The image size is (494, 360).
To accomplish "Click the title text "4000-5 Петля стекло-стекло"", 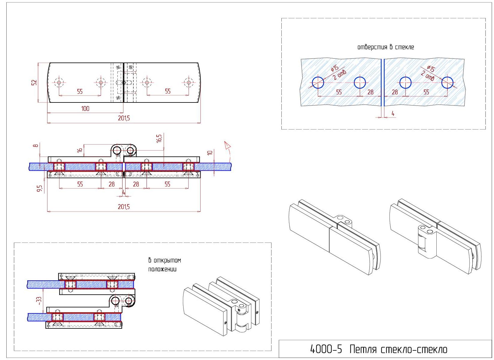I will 379,349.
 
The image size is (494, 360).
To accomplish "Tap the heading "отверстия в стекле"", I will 385,47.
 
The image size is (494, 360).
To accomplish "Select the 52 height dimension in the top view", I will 34,82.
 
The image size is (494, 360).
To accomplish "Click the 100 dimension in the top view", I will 85,108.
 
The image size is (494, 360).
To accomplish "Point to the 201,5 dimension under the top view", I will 124,118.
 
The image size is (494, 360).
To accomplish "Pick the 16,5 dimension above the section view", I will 159,138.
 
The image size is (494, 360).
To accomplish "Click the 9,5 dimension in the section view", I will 39,188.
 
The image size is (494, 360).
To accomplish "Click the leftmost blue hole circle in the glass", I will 318,83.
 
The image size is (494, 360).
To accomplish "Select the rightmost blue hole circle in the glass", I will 447,83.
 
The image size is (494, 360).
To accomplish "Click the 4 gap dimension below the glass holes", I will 392,114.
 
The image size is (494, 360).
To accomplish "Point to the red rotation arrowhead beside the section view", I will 228,146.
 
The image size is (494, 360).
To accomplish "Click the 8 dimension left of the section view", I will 36,146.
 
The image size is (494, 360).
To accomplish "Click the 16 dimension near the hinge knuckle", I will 80,150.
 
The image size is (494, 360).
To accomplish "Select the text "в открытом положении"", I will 165,264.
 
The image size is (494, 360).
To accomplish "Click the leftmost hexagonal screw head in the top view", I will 59,82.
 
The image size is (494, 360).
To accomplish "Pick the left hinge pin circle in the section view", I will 117,150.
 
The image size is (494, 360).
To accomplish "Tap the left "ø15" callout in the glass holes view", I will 335,68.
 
